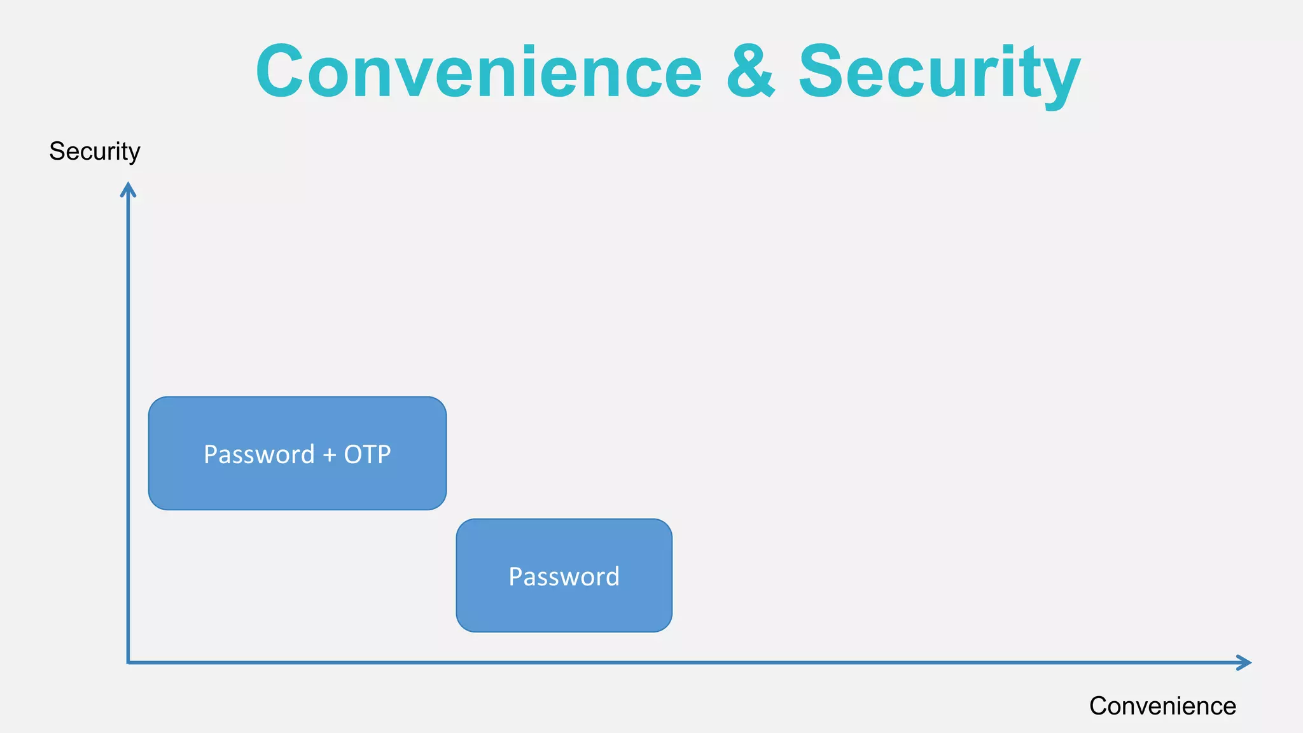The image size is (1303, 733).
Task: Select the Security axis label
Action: pyautogui.click(x=95, y=151)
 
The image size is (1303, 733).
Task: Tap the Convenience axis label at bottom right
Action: pyautogui.click(x=1162, y=706)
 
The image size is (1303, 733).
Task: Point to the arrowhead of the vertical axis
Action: pyautogui.click(x=129, y=188)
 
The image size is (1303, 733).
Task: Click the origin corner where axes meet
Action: pyautogui.click(x=129, y=662)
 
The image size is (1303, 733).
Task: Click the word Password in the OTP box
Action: pyautogui.click(x=259, y=455)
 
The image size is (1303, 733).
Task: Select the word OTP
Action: pyautogui.click(x=367, y=455)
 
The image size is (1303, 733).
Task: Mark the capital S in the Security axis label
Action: pyautogui.click(x=56, y=151)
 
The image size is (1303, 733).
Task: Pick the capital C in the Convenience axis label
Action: pyautogui.click(x=1098, y=706)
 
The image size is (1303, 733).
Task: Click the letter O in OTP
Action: pyautogui.click(x=353, y=455)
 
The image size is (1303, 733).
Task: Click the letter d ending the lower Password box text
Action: pyautogui.click(x=612, y=576)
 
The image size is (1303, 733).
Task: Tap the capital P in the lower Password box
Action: pyautogui.click(x=515, y=576)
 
